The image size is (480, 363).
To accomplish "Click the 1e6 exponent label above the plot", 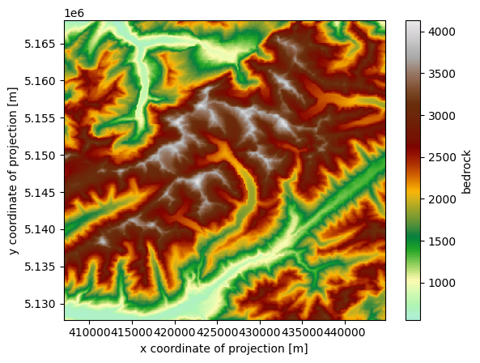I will [74, 14].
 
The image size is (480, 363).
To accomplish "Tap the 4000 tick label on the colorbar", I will [440, 32].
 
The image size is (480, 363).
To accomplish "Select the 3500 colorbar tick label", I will [440, 74].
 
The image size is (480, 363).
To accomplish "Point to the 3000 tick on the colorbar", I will [440, 116].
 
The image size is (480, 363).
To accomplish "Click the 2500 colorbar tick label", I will [440, 157].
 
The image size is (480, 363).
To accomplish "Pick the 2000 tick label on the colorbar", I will [440, 199].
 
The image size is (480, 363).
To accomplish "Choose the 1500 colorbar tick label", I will [440, 241].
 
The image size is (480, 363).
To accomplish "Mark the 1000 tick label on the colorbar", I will [440, 283].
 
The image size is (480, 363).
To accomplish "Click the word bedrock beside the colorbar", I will [467, 170].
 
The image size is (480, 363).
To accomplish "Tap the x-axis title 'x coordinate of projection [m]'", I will [224, 348].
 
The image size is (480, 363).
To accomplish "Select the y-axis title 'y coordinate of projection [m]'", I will [15, 170].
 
